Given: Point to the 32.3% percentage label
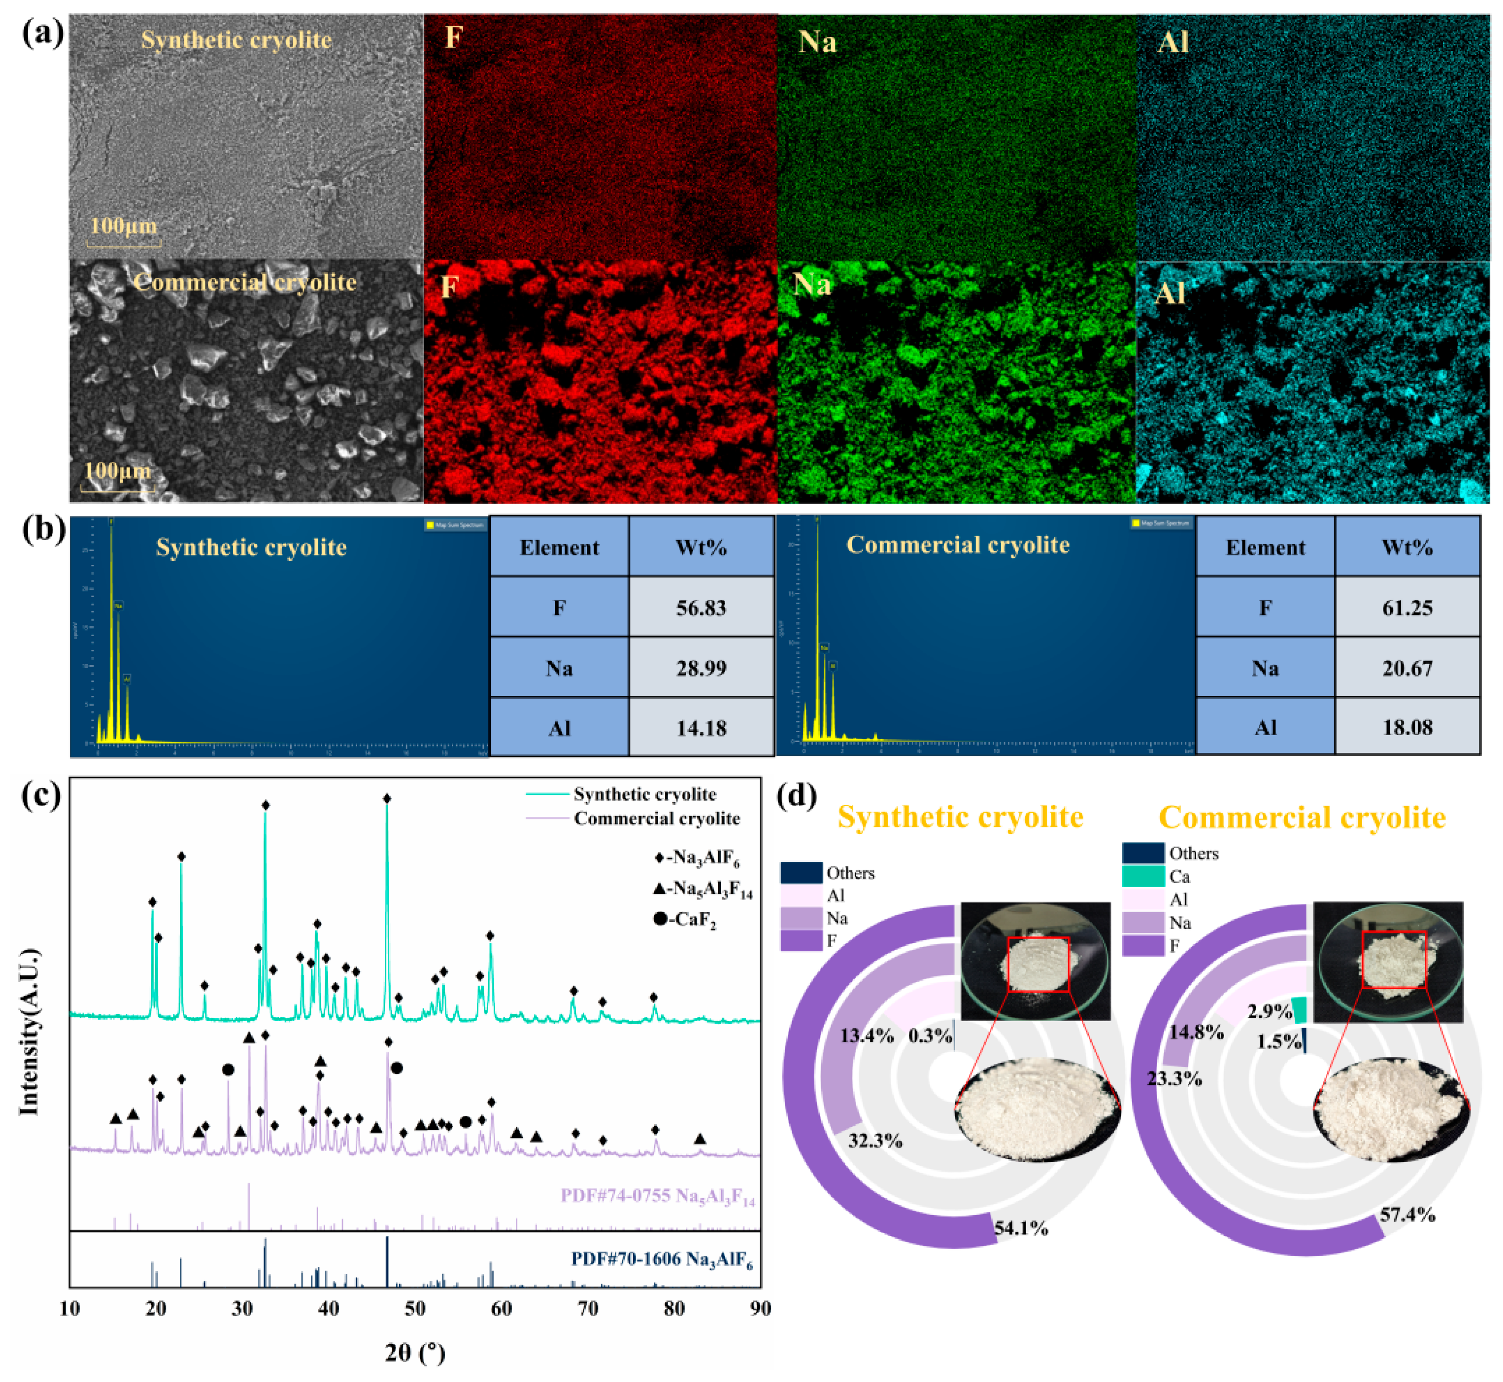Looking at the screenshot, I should click(875, 1141).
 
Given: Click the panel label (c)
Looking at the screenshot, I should click(41, 795).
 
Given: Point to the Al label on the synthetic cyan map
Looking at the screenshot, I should click(1173, 42).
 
